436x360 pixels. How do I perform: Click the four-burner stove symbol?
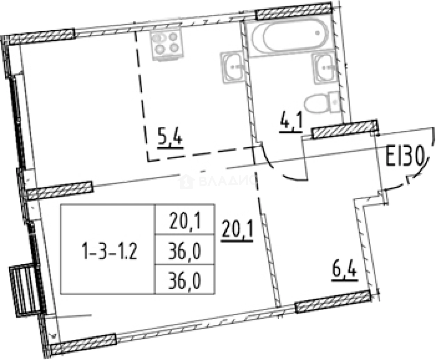coord(165,44)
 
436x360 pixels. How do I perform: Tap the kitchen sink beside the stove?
coord(233,67)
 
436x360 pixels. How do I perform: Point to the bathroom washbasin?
coord(325,68)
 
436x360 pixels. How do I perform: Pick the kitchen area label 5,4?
coord(170,139)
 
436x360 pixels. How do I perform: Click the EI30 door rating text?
coord(405,157)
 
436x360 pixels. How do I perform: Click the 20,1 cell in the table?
coord(185,221)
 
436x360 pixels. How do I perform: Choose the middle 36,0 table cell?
coord(185,251)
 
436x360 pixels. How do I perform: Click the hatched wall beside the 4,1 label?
coord(344,130)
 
